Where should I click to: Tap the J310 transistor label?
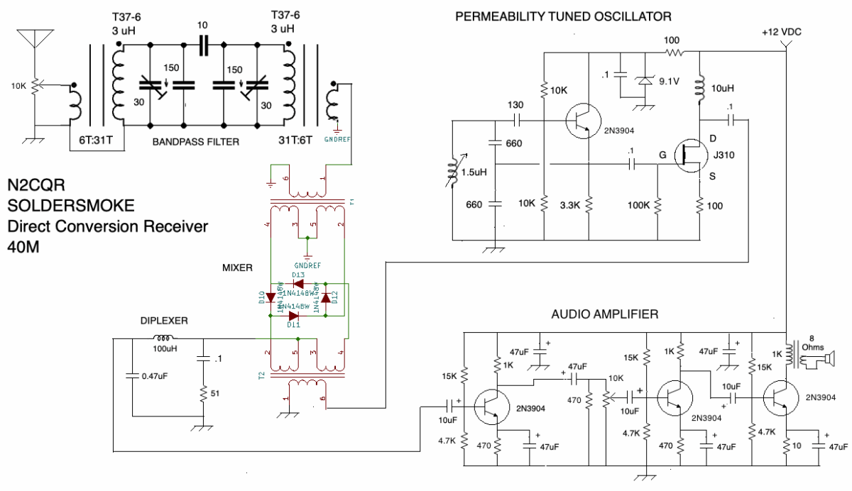click(x=725, y=154)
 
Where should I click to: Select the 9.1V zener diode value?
click(x=667, y=81)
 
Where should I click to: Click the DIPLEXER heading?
click(x=164, y=321)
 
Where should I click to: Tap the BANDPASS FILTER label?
click(x=196, y=142)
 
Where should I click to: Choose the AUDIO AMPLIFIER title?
click(x=605, y=313)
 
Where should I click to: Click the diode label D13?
click(x=297, y=275)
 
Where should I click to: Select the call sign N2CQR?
click(x=36, y=186)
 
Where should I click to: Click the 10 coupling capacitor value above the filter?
click(x=203, y=26)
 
